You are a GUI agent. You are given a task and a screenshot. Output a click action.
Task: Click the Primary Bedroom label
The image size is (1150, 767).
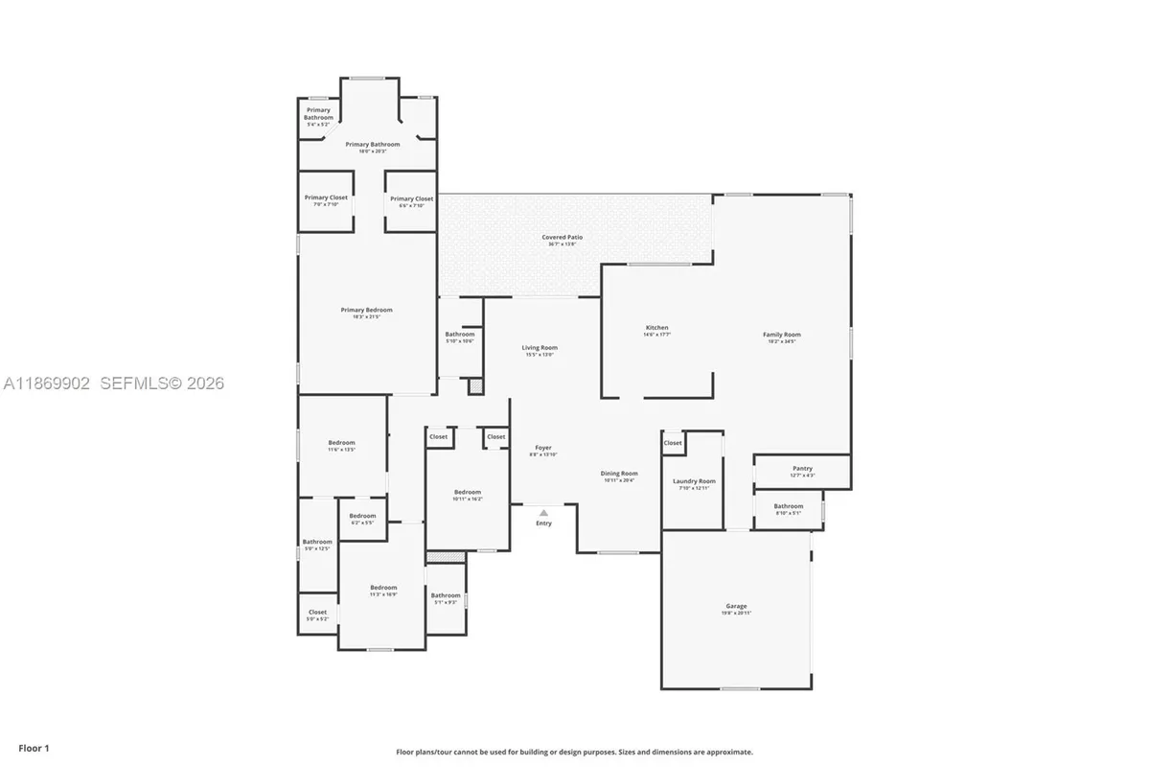tap(367, 310)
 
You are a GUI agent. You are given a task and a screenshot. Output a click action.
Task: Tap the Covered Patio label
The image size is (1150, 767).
tap(563, 237)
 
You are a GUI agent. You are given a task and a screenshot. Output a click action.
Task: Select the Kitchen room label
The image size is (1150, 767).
tap(656, 328)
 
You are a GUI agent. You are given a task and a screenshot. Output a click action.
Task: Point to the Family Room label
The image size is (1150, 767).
tap(781, 335)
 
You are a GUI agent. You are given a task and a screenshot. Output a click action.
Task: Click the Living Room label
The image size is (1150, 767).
tap(540, 348)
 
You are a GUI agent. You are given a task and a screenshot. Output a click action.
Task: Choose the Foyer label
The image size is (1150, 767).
tap(543, 448)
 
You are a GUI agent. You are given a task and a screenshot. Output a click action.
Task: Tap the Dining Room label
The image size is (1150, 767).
tap(619, 474)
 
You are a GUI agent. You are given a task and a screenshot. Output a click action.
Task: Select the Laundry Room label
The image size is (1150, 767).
tap(694, 481)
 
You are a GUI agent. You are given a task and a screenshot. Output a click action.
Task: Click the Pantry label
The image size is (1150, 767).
tap(802, 469)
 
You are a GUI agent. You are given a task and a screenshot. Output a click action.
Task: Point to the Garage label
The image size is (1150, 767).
tap(736, 606)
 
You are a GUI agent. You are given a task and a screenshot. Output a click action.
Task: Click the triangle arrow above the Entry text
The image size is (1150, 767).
tap(543, 513)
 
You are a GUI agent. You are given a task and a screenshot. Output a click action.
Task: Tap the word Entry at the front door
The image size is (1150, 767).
tap(543, 523)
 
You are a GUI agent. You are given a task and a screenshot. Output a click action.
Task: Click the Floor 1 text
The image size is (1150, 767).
tap(33, 748)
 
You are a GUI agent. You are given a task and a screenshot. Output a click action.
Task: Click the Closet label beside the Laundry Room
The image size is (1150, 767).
tap(674, 443)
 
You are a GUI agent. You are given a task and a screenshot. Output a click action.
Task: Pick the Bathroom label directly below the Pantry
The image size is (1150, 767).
tap(789, 506)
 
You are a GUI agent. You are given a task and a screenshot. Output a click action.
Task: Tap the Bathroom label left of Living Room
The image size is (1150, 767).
tap(460, 334)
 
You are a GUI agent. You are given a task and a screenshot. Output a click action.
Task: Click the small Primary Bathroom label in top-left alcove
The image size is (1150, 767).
tap(318, 114)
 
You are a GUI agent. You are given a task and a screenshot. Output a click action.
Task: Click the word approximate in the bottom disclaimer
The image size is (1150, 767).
tap(730, 753)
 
